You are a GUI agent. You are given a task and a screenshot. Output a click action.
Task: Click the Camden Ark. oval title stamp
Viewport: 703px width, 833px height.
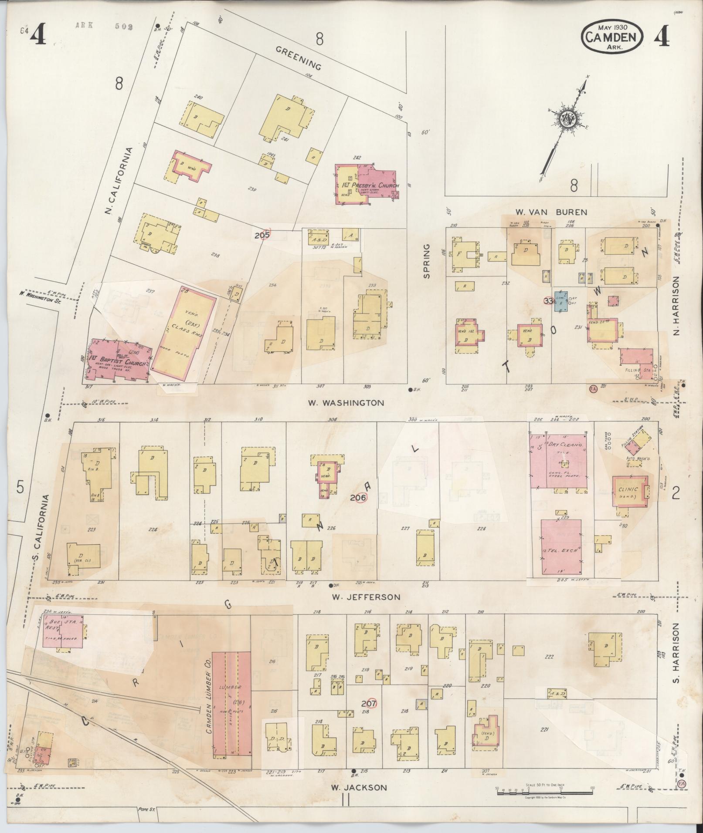click(x=612, y=37)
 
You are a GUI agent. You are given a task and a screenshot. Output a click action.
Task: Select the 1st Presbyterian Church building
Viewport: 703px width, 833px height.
click(x=367, y=184)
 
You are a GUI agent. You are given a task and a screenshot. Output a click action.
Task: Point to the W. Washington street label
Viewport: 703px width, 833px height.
click(x=346, y=403)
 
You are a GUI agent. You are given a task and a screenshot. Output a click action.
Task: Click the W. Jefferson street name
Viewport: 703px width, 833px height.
click(x=366, y=597)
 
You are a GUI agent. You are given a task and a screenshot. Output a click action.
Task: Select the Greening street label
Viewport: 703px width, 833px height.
click(x=299, y=58)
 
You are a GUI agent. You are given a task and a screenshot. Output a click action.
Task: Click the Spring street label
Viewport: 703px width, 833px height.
click(x=426, y=261)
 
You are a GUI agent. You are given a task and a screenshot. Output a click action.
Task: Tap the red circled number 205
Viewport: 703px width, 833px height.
click(x=263, y=234)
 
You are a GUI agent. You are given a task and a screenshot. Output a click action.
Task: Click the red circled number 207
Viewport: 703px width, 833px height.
click(x=369, y=703)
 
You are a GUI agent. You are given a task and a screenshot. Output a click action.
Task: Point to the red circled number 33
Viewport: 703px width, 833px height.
click(x=548, y=300)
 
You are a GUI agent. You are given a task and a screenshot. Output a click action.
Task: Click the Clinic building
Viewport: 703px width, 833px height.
click(x=629, y=490)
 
